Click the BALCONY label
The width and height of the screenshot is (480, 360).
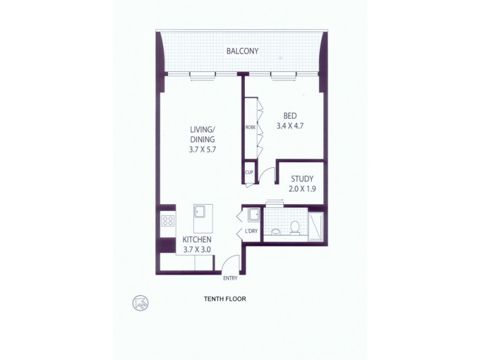(242, 51)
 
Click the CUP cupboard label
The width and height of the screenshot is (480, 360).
(250, 172)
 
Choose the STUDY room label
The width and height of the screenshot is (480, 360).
(302, 178)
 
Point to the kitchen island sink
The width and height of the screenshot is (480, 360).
(200, 211)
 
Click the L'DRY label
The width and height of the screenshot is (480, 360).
(251, 232)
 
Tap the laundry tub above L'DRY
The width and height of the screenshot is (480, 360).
(252, 215)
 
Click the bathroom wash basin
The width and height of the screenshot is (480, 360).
(275, 230)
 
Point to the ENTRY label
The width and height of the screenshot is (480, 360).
(230, 278)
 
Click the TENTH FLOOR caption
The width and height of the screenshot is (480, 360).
(225, 298)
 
